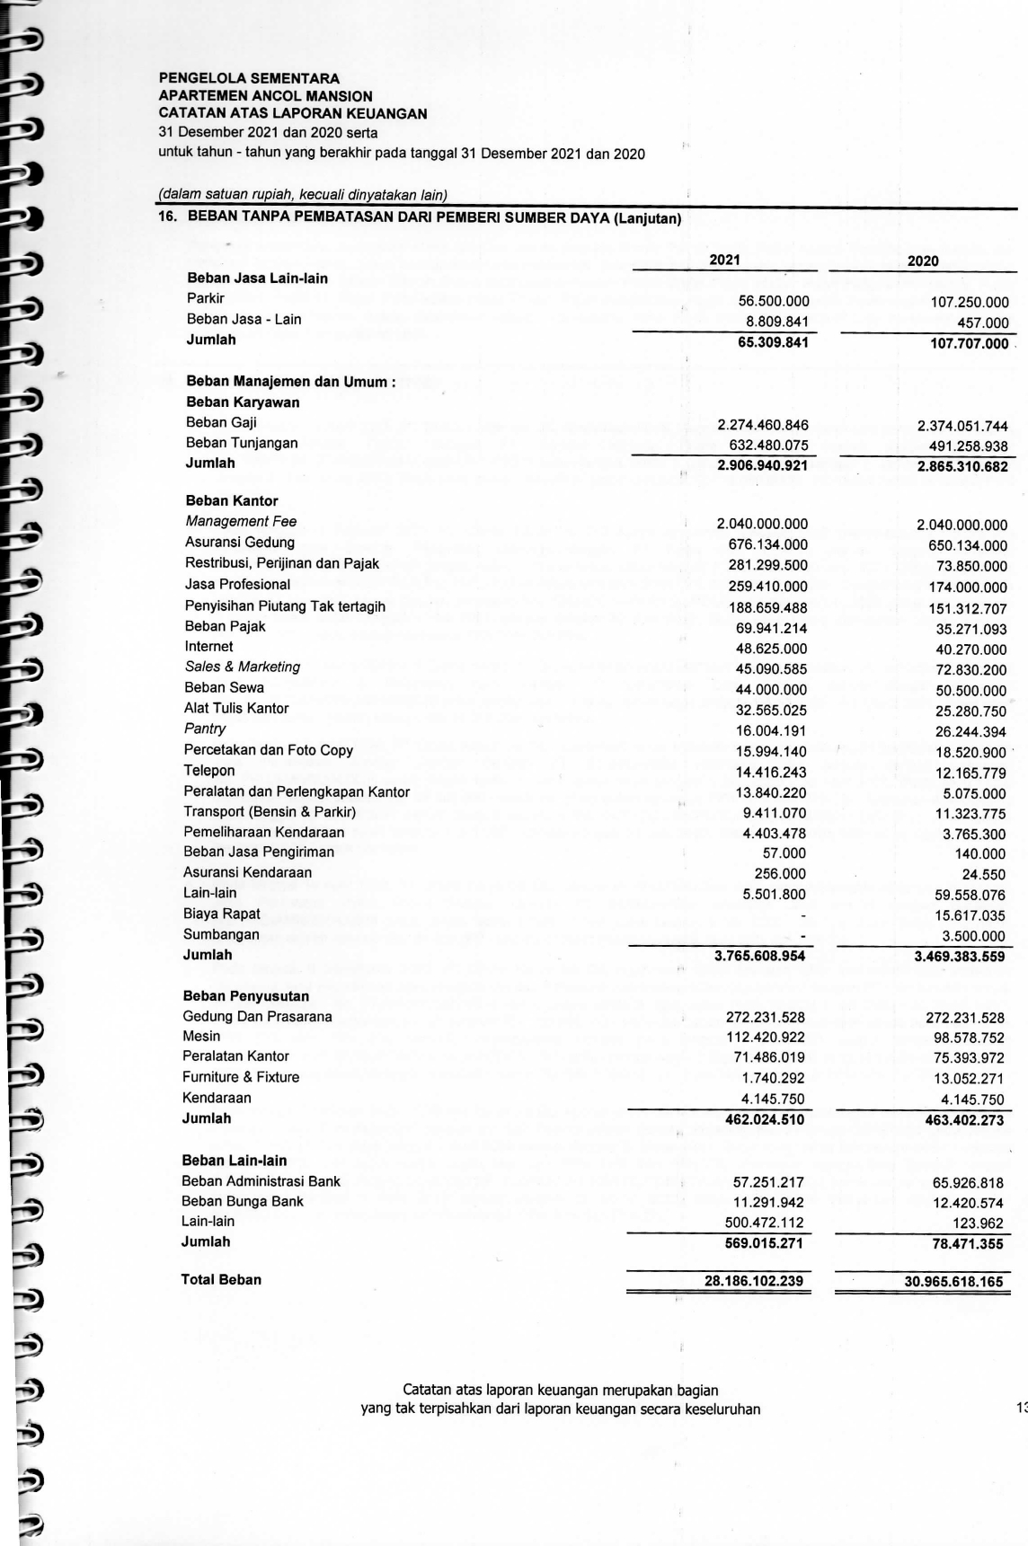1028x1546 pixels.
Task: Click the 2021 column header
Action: tap(724, 260)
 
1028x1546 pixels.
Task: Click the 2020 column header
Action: tap(923, 261)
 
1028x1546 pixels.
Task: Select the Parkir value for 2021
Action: tap(773, 302)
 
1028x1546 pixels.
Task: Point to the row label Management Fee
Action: tap(241, 521)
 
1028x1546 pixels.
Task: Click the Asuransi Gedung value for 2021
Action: tap(767, 544)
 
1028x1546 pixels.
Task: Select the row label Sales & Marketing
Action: tap(242, 667)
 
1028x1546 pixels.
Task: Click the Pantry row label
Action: tap(205, 729)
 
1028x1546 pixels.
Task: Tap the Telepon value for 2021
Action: tap(771, 772)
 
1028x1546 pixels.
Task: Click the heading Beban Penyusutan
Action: tap(245, 996)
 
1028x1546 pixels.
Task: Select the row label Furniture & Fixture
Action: tap(241, 1076)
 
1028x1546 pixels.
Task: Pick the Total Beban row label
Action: tap(221, 1279)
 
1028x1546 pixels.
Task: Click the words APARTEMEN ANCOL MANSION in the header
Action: tap(265, 96)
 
